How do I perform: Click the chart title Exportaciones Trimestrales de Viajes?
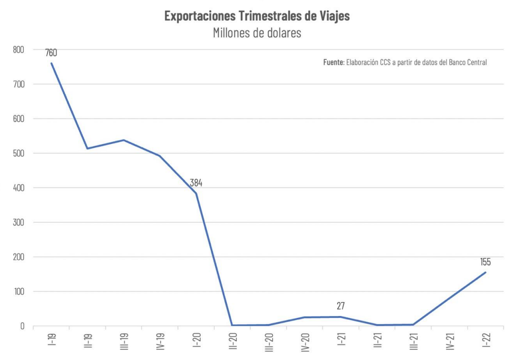(257, 16)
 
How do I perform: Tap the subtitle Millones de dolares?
(257, 33)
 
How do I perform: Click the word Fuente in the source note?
(333, 62)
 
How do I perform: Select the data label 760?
(51, 53)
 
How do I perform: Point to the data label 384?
(196, 183)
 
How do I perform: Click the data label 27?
(341, 306)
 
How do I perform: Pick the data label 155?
(485, 262)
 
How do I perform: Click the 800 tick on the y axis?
(18, 49)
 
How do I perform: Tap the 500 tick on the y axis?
(18, 153)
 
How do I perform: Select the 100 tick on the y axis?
(18, 291)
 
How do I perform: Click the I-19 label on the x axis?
(52, 341)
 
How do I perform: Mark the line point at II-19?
(87, 148)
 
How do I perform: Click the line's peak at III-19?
(124, 140)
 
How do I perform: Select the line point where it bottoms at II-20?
(232, 325)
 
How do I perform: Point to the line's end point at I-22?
(486, 272)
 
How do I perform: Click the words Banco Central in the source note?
(468, 62)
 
